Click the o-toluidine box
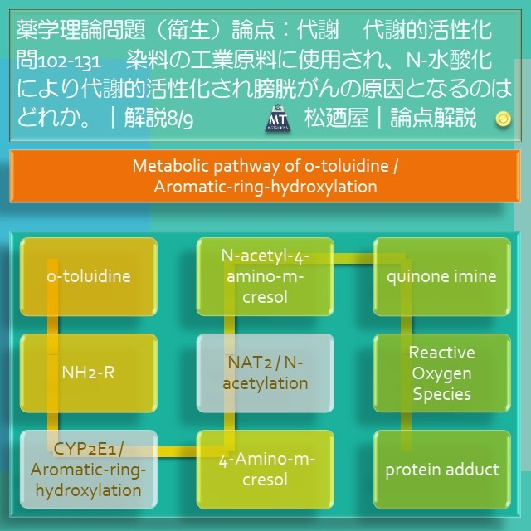point(88,276)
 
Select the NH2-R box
point(88,372)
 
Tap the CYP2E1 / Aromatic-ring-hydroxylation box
point(88,469)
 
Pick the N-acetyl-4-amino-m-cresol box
point(265,275)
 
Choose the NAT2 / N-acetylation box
point(265,372)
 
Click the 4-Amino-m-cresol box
point(265,469)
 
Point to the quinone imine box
point(442,276)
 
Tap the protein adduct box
point(442,470)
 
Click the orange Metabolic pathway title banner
point(265,176)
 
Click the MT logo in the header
point(276,119)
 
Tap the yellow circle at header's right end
point(502,119)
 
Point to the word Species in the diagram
point(442,394)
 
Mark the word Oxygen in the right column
point(442,373)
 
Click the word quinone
point(417,276)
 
